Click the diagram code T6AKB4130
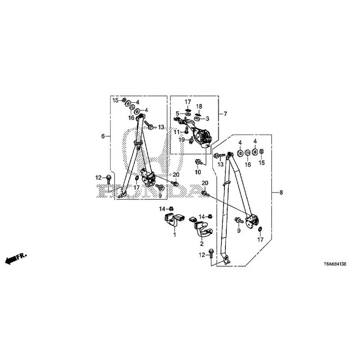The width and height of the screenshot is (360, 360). [335, 264]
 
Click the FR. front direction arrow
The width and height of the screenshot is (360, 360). [16, 258]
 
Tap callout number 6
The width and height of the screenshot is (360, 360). [103, 136]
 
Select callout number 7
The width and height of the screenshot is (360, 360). [225, 114]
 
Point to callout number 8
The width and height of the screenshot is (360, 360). [281, 193]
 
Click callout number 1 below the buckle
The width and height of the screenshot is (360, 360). [175, 234]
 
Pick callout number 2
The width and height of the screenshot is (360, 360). [202, 243]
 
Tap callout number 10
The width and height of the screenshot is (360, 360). [198, 172]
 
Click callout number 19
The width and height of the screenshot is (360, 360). [182, 140]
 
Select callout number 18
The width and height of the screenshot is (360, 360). [199, 106]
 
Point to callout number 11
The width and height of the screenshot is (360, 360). [176, 132]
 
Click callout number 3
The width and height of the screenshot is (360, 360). [207, 119]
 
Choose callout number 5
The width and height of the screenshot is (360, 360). [177, 113]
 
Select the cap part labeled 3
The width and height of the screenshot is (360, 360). [197, 118]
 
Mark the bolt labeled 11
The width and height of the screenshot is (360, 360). [186, 130]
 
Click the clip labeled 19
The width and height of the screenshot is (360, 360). [190, 140]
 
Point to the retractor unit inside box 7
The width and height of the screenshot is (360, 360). [202, 137]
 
